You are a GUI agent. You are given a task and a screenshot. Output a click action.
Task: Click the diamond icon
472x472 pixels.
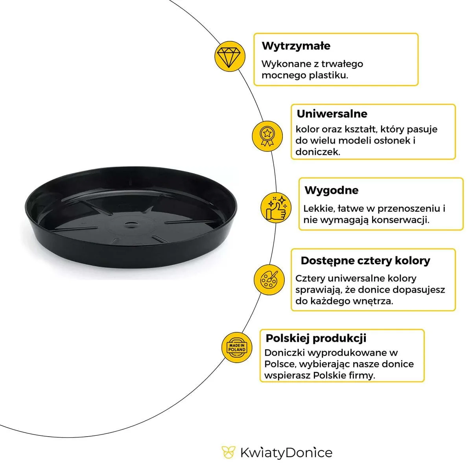(229, 56)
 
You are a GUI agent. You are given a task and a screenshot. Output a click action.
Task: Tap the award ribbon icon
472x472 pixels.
(267, 136)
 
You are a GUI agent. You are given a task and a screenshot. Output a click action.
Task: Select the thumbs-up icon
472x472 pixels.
(276, 208)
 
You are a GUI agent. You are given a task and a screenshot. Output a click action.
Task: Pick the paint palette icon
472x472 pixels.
(269, 280)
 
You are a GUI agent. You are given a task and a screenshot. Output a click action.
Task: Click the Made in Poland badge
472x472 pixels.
(237, 347)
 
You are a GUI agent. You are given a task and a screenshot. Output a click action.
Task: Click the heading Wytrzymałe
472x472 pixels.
(296, 46)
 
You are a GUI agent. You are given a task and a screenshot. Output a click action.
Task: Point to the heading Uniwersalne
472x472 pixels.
(332, 114)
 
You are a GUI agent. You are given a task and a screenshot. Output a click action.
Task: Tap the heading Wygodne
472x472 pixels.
(332, 190)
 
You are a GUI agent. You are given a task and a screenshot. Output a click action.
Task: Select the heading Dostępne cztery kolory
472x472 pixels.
(365, 261)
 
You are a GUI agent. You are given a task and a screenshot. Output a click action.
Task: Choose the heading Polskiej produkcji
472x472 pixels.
(316, 338)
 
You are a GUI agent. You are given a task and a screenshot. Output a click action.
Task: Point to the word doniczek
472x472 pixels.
(318, 152)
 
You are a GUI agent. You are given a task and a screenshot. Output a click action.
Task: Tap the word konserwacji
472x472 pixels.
(400, 220)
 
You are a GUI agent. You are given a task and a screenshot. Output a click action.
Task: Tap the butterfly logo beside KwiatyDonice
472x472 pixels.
(228, 452)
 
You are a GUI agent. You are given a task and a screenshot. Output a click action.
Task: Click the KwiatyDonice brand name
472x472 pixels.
(286, 453)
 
